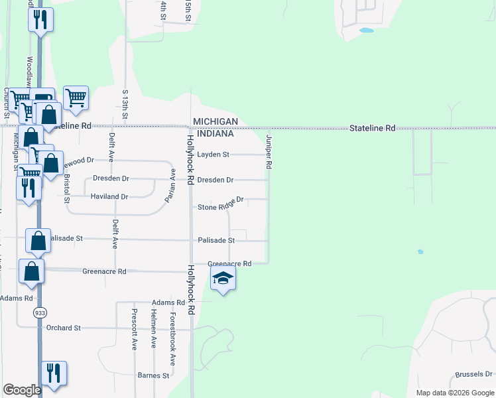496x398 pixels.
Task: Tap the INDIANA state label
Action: pos(213,133)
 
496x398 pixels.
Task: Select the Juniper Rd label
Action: pos(269,151)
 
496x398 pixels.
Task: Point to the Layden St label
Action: pos(213,155)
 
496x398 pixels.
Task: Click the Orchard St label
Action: pos(63,328)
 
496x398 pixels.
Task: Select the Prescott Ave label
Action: pos(134,330)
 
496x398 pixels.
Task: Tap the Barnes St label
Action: pos(153,375)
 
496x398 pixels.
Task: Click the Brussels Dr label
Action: pos(474,375)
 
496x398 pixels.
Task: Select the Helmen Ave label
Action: pos(153,329)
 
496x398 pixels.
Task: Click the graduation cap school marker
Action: pos(223,279)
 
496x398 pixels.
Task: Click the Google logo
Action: pos(22,390)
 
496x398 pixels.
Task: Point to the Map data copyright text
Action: pos(455,393)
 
